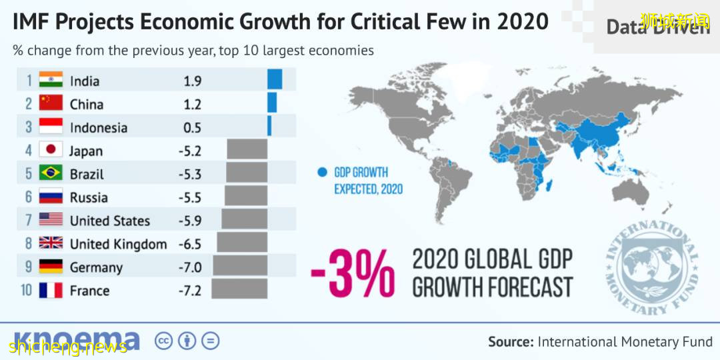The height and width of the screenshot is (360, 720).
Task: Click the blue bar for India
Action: pos(275,80)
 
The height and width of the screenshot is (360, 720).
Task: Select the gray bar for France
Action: pos(240,289)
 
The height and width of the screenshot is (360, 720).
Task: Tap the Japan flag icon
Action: pos(51,150)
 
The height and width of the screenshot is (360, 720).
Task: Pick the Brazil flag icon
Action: pos(51,173)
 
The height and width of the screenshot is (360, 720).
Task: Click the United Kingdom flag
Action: pos(51,243)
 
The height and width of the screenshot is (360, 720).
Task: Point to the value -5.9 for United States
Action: pos(189,221)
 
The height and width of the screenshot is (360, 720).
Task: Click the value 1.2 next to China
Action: pos(192,104)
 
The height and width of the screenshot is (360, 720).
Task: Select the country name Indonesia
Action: pos(98,127)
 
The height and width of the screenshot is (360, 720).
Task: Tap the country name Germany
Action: pos(96,267)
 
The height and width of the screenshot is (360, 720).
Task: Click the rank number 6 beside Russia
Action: pos(29,197)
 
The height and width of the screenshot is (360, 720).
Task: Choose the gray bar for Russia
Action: pos(246,197)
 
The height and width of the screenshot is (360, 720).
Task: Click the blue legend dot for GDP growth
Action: pos(322,172)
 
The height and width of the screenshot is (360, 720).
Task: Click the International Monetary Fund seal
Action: pos(652,267)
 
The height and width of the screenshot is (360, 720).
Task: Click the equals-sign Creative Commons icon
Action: pos(210,341)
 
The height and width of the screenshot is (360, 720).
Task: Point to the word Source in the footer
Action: pos(511,342)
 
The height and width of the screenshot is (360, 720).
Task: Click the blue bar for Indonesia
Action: pos(269,127)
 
